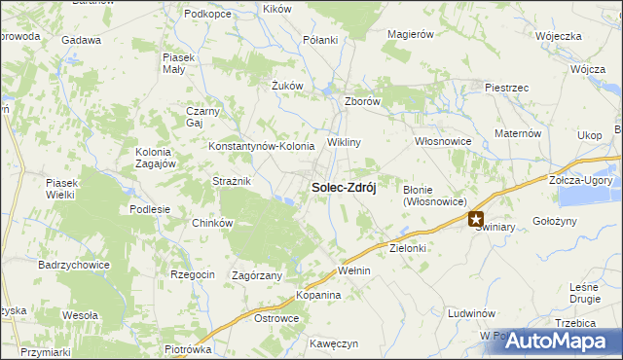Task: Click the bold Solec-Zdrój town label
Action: click(343, 187)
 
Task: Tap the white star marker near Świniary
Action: click(476, 220)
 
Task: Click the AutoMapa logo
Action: click(560, 341)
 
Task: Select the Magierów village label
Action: click(409, 34)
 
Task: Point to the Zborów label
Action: click(362, 101)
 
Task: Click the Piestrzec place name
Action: click(506, 88)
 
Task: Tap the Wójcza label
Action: click(589, 71)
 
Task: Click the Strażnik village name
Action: click(233, 181)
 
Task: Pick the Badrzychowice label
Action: click(74, 265)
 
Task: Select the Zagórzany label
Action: click(257, 275)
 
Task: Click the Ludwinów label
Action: click(472, 314)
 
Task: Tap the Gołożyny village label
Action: click(556, 222)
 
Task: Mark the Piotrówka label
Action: click(188, 349)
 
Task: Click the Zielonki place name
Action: click(409, 249)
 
